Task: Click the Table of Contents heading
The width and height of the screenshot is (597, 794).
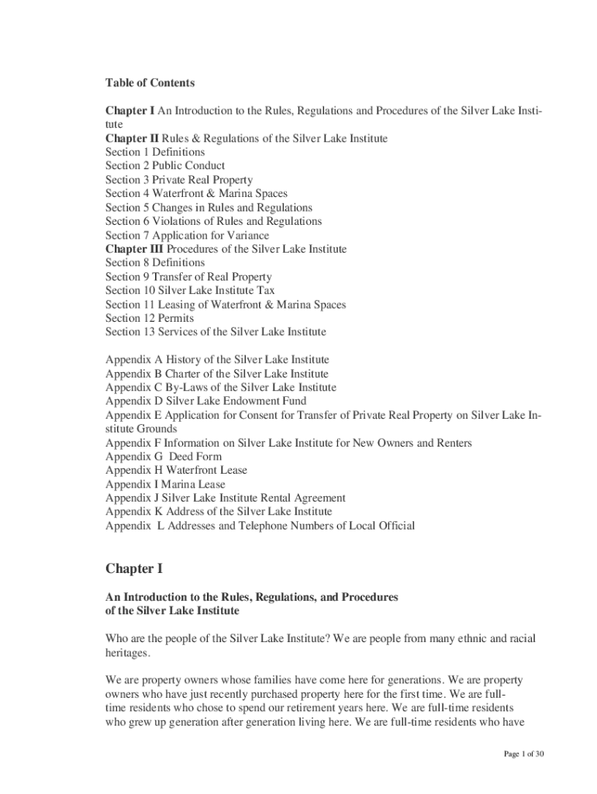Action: [150, 83]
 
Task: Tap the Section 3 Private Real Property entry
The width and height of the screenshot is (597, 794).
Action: [179, 180]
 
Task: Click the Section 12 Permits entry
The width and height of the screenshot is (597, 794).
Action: [150, 319]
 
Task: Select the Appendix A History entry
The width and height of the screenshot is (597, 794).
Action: [217, 361]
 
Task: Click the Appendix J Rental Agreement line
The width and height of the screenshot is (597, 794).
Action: [225, 499]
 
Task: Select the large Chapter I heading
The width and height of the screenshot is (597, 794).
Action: [134, 569]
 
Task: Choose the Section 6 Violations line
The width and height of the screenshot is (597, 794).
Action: [213, 222]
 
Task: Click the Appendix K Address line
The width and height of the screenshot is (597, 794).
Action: [218, 512]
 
